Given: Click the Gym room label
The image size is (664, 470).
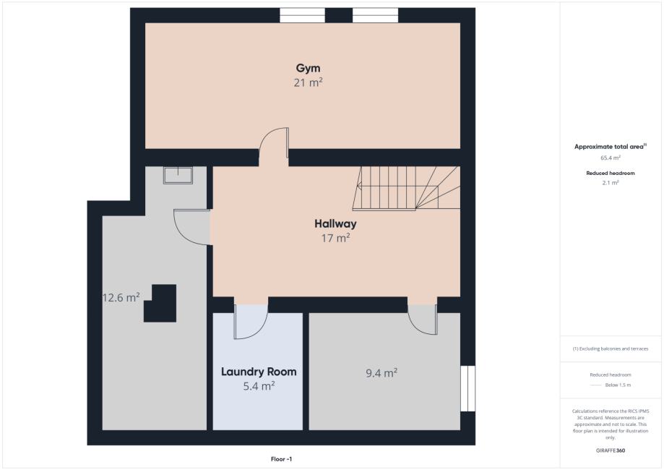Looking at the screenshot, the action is (x=308, y=68).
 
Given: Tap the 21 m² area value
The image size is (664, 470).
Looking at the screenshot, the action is (x=309, y=82).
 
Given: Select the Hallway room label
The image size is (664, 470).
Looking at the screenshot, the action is (x=335, y=223).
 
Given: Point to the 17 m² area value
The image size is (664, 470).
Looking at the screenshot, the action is (x=335, y=238).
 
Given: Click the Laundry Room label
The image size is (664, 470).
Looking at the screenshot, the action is (x=259, y=372).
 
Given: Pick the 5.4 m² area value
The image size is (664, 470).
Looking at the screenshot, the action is (x=259, y=386).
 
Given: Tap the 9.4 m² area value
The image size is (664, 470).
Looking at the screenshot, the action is (x=381, y=373).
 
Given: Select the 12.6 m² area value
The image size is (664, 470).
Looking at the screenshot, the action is (x=121, y=297).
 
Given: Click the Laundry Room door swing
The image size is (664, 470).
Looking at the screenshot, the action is (x=251, y=321).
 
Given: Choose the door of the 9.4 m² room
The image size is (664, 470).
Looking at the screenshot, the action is (x=422, y=319).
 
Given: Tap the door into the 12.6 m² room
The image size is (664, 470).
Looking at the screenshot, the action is (x=192, y=227).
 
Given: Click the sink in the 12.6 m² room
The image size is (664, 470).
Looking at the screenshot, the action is (x=178, y=175).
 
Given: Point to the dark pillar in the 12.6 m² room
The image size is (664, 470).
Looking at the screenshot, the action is (x=160, y=304).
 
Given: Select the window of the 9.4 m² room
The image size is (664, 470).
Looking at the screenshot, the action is (x=467, y=388).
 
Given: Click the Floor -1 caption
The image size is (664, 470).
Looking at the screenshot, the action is (x=281, y=459).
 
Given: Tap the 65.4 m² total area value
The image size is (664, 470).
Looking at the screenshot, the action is (x=611, y=158).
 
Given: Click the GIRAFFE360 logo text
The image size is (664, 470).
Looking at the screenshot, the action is (x=611, y=450).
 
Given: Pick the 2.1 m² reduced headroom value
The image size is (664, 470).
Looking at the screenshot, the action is (x=611, y=183).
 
